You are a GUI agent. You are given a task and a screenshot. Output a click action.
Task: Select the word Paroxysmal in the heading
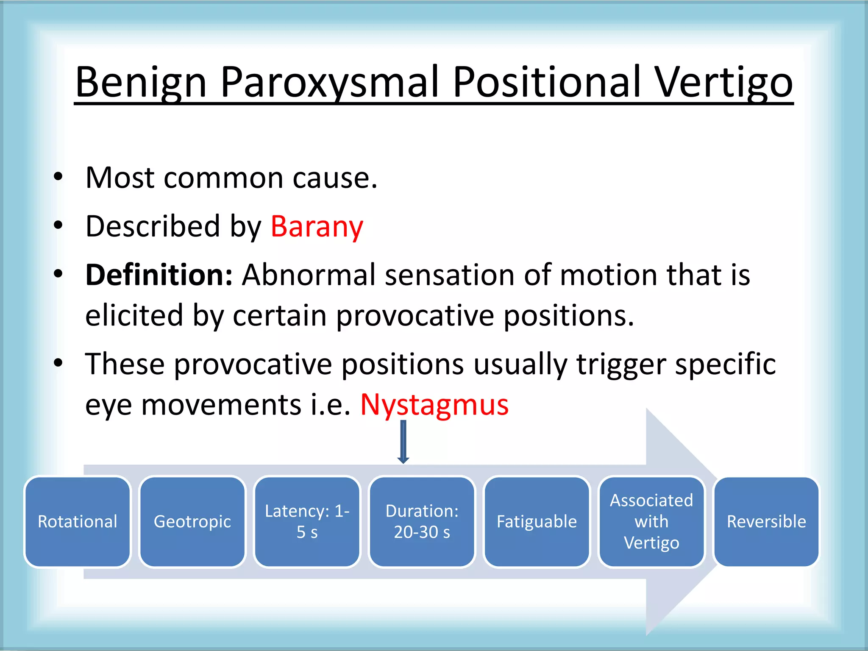[x=329, y=82]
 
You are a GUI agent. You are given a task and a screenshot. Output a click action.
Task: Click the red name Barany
[x=317, y=226]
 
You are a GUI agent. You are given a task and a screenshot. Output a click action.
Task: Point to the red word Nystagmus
[x=434, y=404]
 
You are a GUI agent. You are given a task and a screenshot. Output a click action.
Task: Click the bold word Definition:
[x=159, y=275]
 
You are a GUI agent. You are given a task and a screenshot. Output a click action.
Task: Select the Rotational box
[x=78, y=521]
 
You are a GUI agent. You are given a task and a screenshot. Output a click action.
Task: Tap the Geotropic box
[x=192, y=521]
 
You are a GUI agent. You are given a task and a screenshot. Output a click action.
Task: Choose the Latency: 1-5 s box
[x=307, y=521]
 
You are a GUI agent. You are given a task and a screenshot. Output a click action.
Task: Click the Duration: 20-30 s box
[x=422, y=521]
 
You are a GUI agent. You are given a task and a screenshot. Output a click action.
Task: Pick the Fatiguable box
[x=537, y=521]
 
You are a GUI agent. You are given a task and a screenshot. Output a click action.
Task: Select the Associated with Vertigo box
[x=651, y=521]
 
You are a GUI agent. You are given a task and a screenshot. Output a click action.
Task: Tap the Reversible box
[x=766, y=521]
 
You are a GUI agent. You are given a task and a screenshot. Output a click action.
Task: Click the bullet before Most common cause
[x=58, y=177]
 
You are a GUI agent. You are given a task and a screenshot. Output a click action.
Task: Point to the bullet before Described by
[x=58, y=225]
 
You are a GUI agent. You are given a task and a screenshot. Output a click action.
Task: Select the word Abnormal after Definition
[x=309, y=275]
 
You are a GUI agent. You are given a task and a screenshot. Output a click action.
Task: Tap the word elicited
[x=134, y=316]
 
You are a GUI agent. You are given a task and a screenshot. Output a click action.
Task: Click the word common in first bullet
[x=223, y=178]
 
